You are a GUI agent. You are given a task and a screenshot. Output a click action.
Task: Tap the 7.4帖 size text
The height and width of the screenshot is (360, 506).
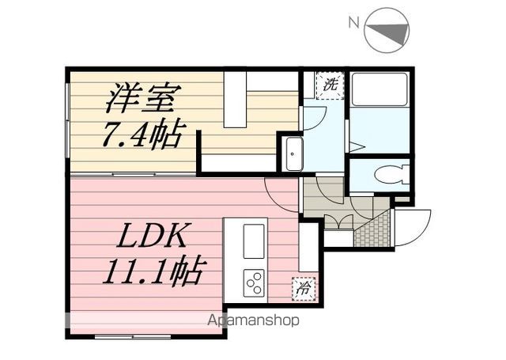[140, 135]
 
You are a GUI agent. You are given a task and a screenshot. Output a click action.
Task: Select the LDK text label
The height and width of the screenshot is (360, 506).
[152, 235]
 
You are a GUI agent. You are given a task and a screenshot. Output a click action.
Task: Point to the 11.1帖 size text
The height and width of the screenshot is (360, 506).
[152, 271]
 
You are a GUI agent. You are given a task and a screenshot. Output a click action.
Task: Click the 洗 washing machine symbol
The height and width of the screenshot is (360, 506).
[330, 85]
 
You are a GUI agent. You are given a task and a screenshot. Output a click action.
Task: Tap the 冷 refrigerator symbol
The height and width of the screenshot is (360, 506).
[304, 289]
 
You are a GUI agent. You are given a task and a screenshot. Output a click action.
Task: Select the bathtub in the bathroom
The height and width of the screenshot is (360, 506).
[379, 89]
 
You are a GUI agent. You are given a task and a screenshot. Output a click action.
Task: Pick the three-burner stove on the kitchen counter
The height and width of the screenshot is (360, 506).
[254, 282]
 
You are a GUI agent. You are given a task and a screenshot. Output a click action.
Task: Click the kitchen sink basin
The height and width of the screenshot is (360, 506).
[254, 241]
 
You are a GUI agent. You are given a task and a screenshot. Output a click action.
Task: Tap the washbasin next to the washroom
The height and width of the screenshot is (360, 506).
[292, 154]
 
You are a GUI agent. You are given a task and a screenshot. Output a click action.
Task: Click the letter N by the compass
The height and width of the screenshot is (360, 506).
[354, 23]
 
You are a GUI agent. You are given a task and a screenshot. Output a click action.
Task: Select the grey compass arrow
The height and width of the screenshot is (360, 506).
[388, 33]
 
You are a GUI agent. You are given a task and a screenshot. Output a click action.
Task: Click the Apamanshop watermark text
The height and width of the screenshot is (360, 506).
[253, 320]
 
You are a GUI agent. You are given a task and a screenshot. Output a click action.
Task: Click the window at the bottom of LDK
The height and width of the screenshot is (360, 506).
[133, 336]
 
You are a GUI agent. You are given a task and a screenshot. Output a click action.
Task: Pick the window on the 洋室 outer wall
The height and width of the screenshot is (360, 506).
[67, 120]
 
